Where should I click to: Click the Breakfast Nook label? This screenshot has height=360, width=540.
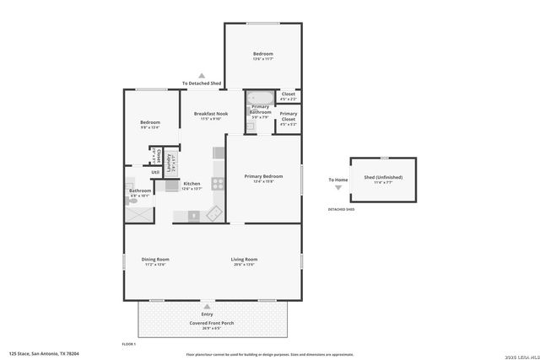(x=211, y=114)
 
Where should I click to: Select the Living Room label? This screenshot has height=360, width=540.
(x=245, y=259)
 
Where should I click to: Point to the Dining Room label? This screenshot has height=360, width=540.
(x=155, y=259)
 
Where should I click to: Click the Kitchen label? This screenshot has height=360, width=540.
(x=192, y=184)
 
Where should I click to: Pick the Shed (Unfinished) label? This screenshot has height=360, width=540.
(x=382, y=177)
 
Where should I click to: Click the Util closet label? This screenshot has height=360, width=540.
(x=155, y=173)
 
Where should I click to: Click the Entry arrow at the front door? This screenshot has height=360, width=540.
(x=207, y=305)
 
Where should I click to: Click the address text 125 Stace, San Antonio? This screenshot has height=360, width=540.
(x=42, y=354)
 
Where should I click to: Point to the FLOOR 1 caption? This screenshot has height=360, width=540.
(x=129, y=344)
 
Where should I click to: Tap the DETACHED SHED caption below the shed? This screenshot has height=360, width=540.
(x=341, y=209)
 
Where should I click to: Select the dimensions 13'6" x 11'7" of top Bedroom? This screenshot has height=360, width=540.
(x=262, y=60)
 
